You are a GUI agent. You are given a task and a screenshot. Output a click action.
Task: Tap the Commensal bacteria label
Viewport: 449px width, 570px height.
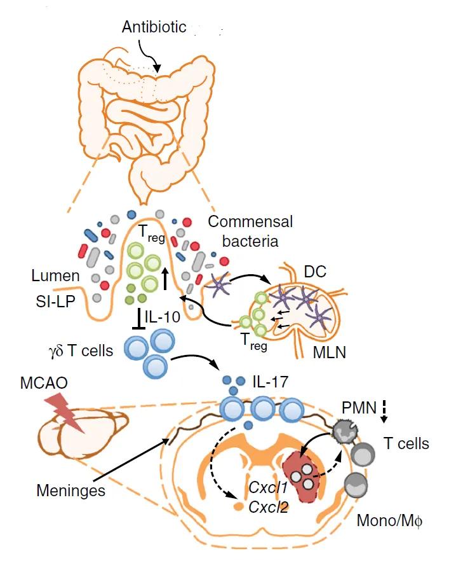coord(251,230)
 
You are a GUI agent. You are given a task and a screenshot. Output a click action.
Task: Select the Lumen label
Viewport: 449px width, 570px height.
coord(56,275)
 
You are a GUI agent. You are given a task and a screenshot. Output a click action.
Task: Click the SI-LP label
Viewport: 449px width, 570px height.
coord(54,299)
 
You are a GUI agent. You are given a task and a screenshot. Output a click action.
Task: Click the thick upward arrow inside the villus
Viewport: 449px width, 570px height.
coord(165,278)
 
